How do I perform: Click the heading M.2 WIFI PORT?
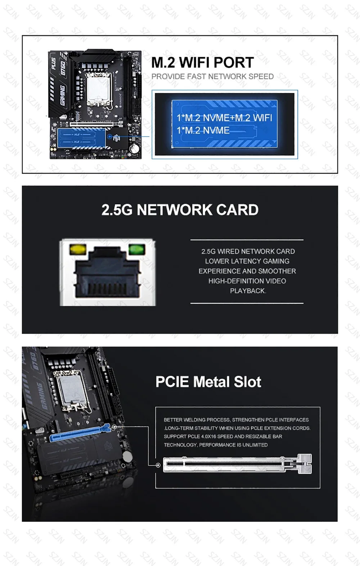[x=202, y=62]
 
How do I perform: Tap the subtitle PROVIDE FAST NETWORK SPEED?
[x=212, y=76]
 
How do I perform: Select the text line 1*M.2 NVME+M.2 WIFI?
[x=224, y=118]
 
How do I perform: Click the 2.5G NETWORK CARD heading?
[x=180, y=210]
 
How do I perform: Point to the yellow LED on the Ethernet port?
[x=78, y=249]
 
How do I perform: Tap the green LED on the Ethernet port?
[x=137, y=249]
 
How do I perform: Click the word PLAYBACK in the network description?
[x=248, y=291]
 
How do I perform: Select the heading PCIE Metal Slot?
[x=208, y=382]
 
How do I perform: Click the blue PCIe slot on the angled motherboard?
[x=80, y=433]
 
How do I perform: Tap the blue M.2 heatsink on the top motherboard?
[x=81, y=138]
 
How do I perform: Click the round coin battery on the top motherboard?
[x=134, y=148]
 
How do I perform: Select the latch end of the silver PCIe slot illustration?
[x=305, y=464]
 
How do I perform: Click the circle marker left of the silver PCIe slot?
[x=158, y=465]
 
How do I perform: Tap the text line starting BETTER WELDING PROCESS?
[x=236, y=420]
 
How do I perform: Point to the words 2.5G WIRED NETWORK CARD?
[x=248, y=251]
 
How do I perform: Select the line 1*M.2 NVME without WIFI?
[x=203, y=131]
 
